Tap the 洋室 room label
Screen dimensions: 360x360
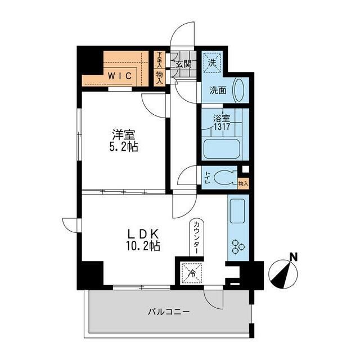point(124,136)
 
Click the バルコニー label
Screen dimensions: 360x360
point(169,311)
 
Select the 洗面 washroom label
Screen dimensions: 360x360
point(218,90)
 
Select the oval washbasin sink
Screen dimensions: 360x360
point(238,89)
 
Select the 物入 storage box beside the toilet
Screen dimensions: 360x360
point(243,183)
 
